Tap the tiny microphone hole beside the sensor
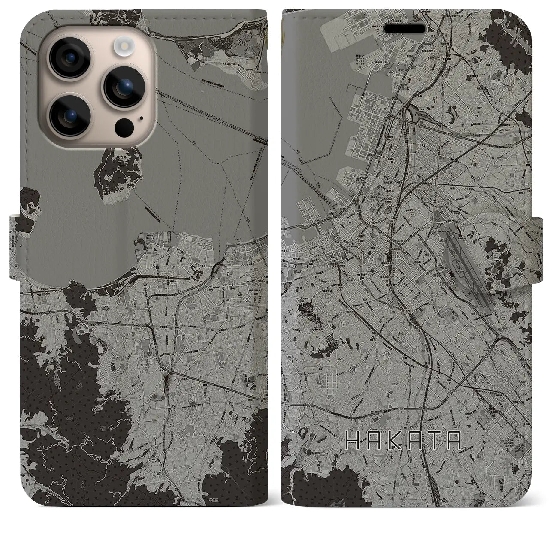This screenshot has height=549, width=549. [141, 117]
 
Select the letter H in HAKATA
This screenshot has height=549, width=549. [353, 440]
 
